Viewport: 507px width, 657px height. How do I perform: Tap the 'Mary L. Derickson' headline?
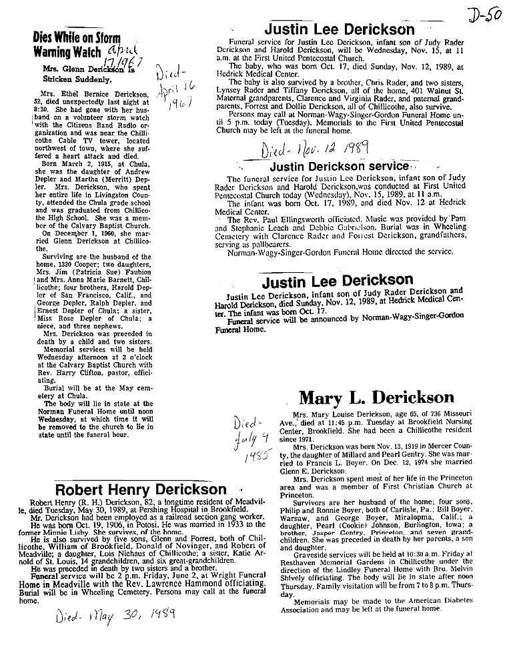(376, 398)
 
